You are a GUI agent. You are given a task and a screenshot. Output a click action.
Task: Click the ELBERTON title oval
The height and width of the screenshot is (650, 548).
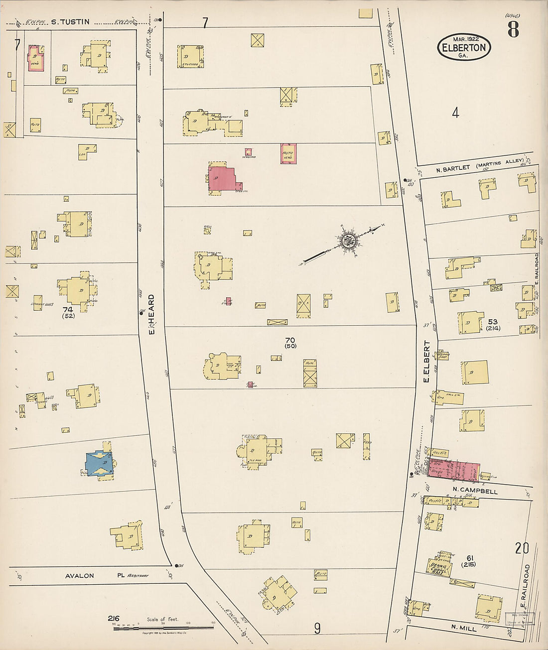click(x=464, y=48)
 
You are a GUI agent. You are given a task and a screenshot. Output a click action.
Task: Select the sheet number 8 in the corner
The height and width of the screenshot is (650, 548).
click(x=513, y=30)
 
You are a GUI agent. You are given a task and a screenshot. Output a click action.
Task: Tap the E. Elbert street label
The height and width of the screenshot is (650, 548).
click(x=426, y=362)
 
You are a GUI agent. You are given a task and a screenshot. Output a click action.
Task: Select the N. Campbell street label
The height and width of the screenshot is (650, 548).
click(x=475, y=491)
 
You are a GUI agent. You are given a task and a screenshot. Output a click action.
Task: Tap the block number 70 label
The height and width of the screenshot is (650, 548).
click(x=290, y=341)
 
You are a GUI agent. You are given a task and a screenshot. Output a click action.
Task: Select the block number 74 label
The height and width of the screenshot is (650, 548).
click(x=68, y=309)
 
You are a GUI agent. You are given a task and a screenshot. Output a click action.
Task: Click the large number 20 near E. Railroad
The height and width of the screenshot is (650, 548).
click(x=522, y=548)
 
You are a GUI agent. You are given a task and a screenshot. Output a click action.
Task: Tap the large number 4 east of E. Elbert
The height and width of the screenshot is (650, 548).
click(x=455, y=113)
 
